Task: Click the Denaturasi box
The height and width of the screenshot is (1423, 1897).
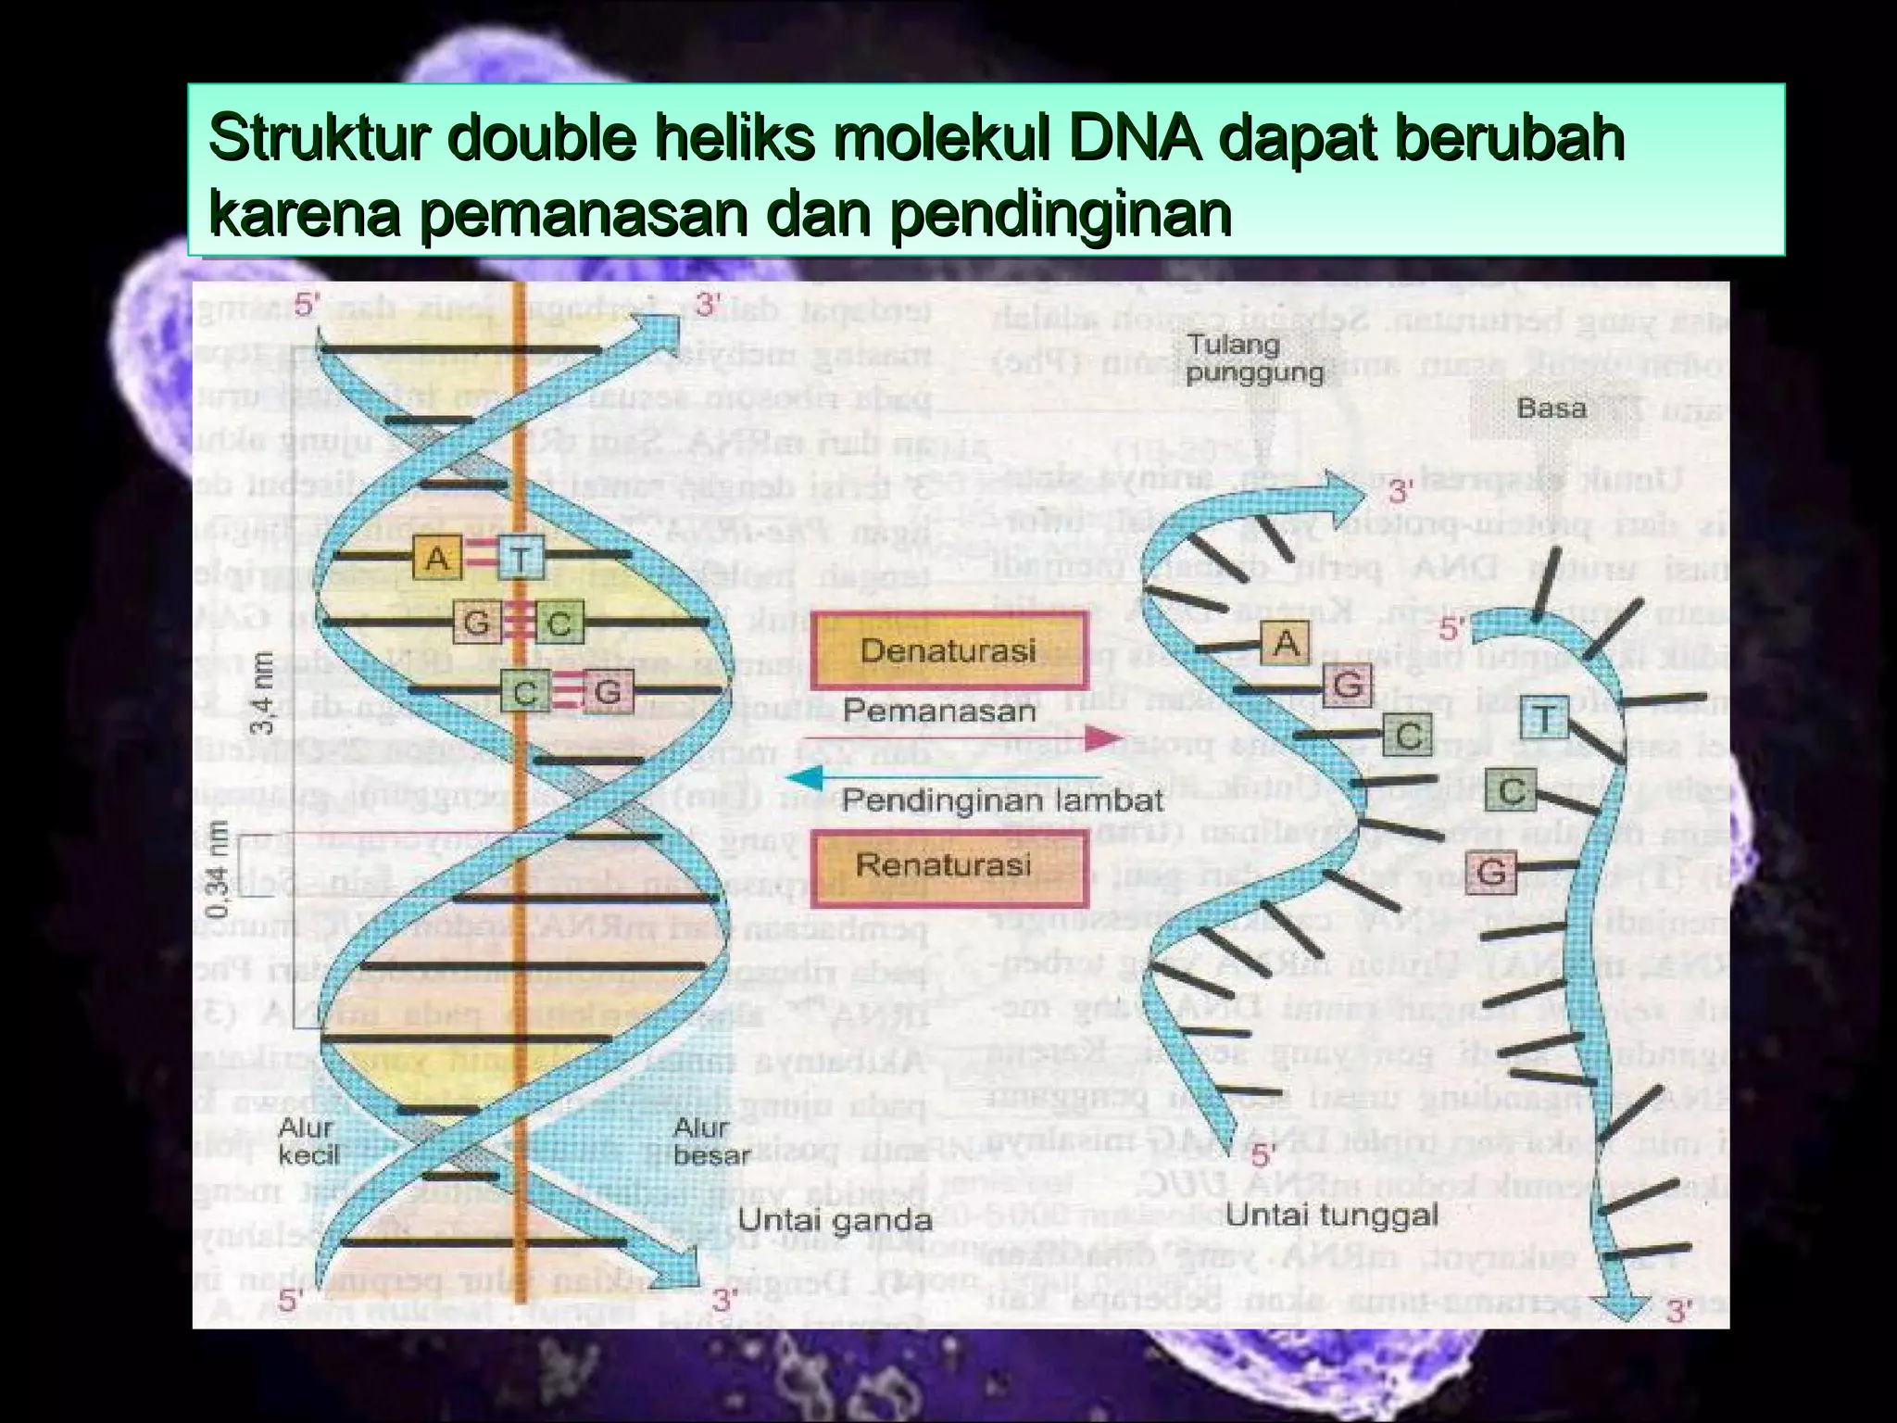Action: pyautogui.click(x=948, y=650)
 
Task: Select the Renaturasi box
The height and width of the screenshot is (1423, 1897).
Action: pyautogui.click(x=948, y=866)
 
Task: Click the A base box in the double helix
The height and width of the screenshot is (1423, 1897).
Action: pyautogui.click(x=437, y=559)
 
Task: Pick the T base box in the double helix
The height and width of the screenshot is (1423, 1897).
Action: pyautogui.click(x=521, y=559)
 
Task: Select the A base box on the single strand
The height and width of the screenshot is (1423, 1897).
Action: pyautogui.click(x=1286, y=642)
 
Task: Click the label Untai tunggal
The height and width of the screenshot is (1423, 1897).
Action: pyautogui.click(x=1332, y=1215)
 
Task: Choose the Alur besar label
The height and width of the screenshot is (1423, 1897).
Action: pyautogui.click(x=711, y=1141)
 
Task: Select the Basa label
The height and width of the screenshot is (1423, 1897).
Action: pyautogui.click(x=1551, y=409)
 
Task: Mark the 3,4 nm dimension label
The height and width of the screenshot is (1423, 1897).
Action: pyautogui.click(x=263, y=691)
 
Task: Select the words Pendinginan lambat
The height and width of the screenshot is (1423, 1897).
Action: pyautogui.click(x=1002, y=801)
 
